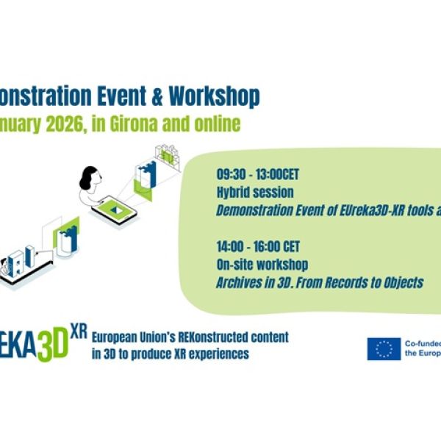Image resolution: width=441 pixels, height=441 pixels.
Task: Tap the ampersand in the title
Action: point(154,96)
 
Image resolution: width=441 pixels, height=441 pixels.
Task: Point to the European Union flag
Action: point(384,348)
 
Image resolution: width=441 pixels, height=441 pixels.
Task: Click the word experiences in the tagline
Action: point(217,354)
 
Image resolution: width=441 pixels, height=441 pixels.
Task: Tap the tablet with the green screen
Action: point(114,210)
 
